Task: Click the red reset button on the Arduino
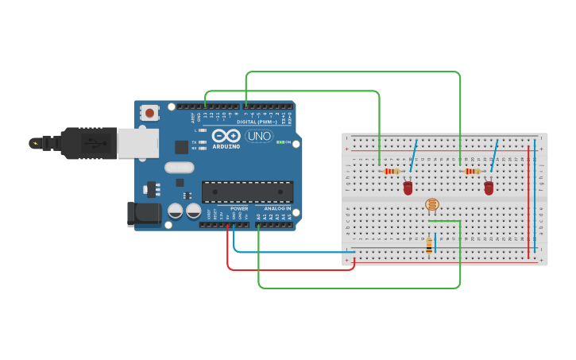click(x=149, y=113)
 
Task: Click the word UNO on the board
click(x=259, y=136)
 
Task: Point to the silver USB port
click(x=137, y=143)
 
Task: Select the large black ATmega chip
click(x=247, y=192)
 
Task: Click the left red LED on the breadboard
click(x=408, y=188)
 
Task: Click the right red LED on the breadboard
click(x=489, y=188)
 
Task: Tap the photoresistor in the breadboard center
click(x=431, y=204)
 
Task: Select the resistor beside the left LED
click(x=391, y=171)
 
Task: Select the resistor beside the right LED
click(x=473, y=171)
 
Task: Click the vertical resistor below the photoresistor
click(x=429, y=246)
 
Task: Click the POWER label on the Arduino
click(x=239, y=208)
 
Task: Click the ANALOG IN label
click(x=278, y=208)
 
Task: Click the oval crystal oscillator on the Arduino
click(x=180, y=168)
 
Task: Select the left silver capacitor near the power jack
click(x=176, y=211)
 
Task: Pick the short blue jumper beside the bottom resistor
click(x=435, y=242)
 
